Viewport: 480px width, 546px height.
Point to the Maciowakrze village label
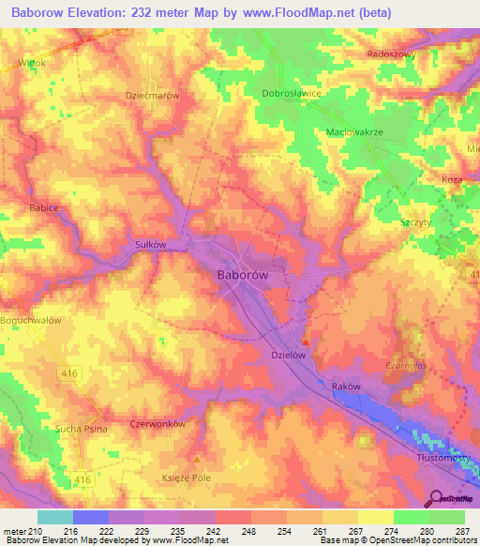pyautogui.click(x=355, y=132)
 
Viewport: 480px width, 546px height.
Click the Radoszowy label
pyautogui.click(x=392, y=54)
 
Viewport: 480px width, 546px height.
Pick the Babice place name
pyautogui.click(x=45, y=206)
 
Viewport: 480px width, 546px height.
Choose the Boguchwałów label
pyautogui.click(x=31, y=320)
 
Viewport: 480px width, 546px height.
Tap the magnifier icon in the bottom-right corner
pyautogui.click(x=436, y=498)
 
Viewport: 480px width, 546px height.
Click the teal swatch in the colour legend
pyautogui.click(x=54, y=517)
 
